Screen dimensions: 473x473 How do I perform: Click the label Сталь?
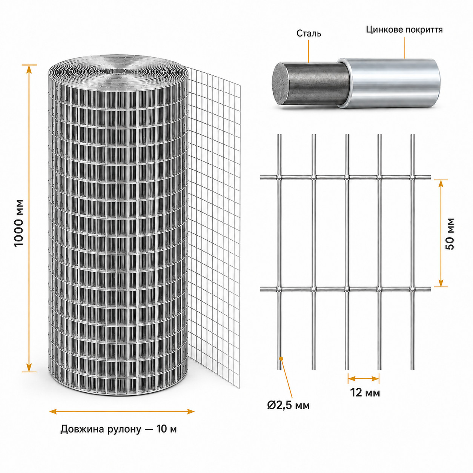click(x=309, y=34)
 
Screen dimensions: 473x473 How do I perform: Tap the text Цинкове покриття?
click(x=404, y=30)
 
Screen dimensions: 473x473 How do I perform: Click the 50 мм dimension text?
click(x=450, y=233)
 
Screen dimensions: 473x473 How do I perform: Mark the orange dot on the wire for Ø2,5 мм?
click(x=281, y=359)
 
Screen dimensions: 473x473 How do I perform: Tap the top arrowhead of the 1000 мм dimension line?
click(x=29, y=69)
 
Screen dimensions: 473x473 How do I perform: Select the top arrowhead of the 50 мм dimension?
click(x=441, y=184)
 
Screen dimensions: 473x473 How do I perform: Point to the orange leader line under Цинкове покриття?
click(x=404, y=48)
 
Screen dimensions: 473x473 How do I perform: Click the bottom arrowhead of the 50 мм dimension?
click(x=441, y=283)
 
